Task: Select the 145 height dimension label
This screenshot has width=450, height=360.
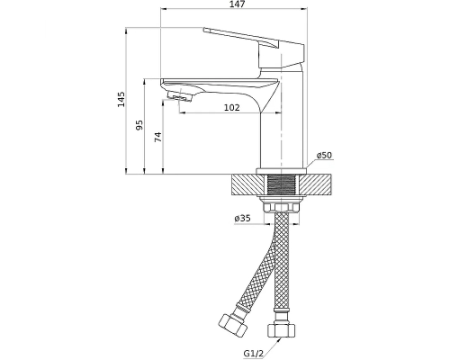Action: point(121,99)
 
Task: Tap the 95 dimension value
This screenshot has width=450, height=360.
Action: point(139,125)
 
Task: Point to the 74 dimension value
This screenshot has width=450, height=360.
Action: point(157,137)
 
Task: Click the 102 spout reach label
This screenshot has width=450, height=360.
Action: point(232,107)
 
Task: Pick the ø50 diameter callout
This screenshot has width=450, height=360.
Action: point(324,155)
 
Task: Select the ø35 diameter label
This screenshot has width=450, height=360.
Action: point(242,219)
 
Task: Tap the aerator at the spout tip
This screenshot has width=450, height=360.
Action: point(180,96)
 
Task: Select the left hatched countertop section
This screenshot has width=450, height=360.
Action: point(247,185)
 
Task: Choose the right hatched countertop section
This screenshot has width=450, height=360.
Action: point(314,185)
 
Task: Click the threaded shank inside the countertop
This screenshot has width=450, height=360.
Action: point(281,185)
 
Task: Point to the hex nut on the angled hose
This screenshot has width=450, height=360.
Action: point(233,326)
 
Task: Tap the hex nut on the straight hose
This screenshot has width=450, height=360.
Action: point(281,329)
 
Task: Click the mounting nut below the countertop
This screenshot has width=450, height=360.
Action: point(281,207)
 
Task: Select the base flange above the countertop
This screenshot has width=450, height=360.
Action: point(282,171)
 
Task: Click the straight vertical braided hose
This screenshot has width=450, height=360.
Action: point(282,261)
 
